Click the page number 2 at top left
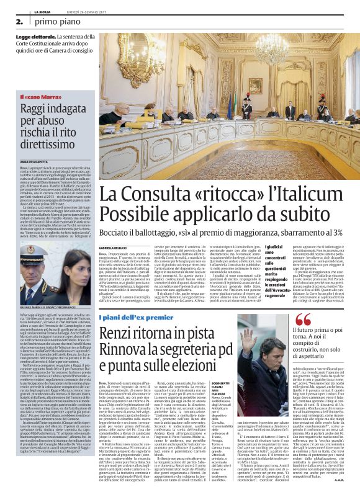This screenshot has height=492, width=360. pos(20,20)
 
